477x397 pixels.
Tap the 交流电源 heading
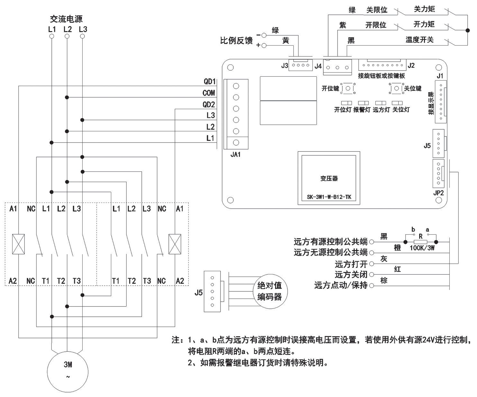66,19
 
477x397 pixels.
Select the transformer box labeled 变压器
329,178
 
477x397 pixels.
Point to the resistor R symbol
420,242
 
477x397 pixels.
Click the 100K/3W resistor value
422,248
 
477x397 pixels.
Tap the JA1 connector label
236,155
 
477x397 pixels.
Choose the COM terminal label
209,93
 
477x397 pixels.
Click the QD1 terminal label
210,82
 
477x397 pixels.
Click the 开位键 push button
348,88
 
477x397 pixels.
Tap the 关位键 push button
397,88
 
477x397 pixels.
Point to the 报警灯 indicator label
362,110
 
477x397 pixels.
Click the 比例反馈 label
236,41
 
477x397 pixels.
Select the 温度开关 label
419,40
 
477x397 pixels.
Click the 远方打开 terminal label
351,264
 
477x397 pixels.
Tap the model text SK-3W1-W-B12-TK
329,197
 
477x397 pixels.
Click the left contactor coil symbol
18,244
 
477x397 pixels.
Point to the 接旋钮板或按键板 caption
382,76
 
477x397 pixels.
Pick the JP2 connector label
438,193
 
